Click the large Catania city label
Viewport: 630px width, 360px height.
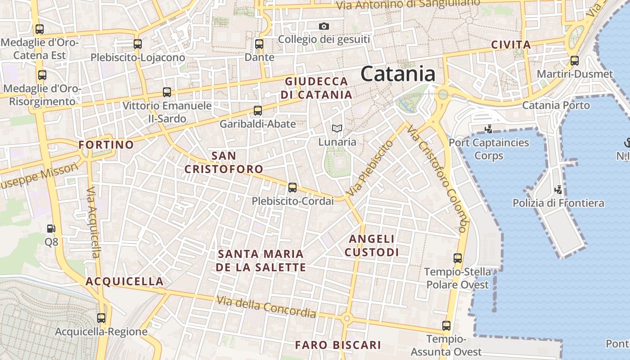[x=398, y=74]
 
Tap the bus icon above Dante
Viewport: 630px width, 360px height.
[x=259, y=44]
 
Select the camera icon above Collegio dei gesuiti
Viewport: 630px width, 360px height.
[x=324, y=27]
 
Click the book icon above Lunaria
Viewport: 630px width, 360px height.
[x=337, y=129]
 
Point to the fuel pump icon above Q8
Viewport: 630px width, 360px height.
[x=51, y=229]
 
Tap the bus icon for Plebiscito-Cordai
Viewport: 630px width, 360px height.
[x=292, y=188]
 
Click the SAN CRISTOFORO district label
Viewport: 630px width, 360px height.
[x=224, y=162]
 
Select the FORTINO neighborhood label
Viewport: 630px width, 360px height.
[x=106, y=145]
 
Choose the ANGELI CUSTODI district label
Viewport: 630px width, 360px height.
[x=372, y=245]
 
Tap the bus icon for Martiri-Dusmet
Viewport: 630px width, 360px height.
[x=574, y=61]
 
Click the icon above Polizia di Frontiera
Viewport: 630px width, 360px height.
[x=558, y=189]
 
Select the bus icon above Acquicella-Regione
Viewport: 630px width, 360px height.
[x=101, y=318]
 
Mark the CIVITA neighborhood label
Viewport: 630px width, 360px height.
[x=511, y=45]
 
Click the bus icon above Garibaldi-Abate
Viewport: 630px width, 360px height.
[x=258, y=111]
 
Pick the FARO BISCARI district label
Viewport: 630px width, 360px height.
[x=338, y=345]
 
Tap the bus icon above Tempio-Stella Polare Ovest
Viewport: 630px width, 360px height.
[x=458, y=258]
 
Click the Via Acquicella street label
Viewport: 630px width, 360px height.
[x=93, y=222]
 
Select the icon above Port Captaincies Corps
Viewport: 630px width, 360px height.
[x=488, y=129]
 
